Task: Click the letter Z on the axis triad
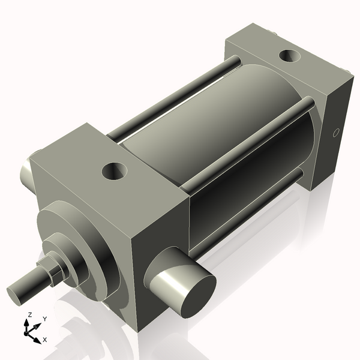coord(28,314)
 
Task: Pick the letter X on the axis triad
coord(45,340)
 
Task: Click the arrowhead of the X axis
coord(38,337)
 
